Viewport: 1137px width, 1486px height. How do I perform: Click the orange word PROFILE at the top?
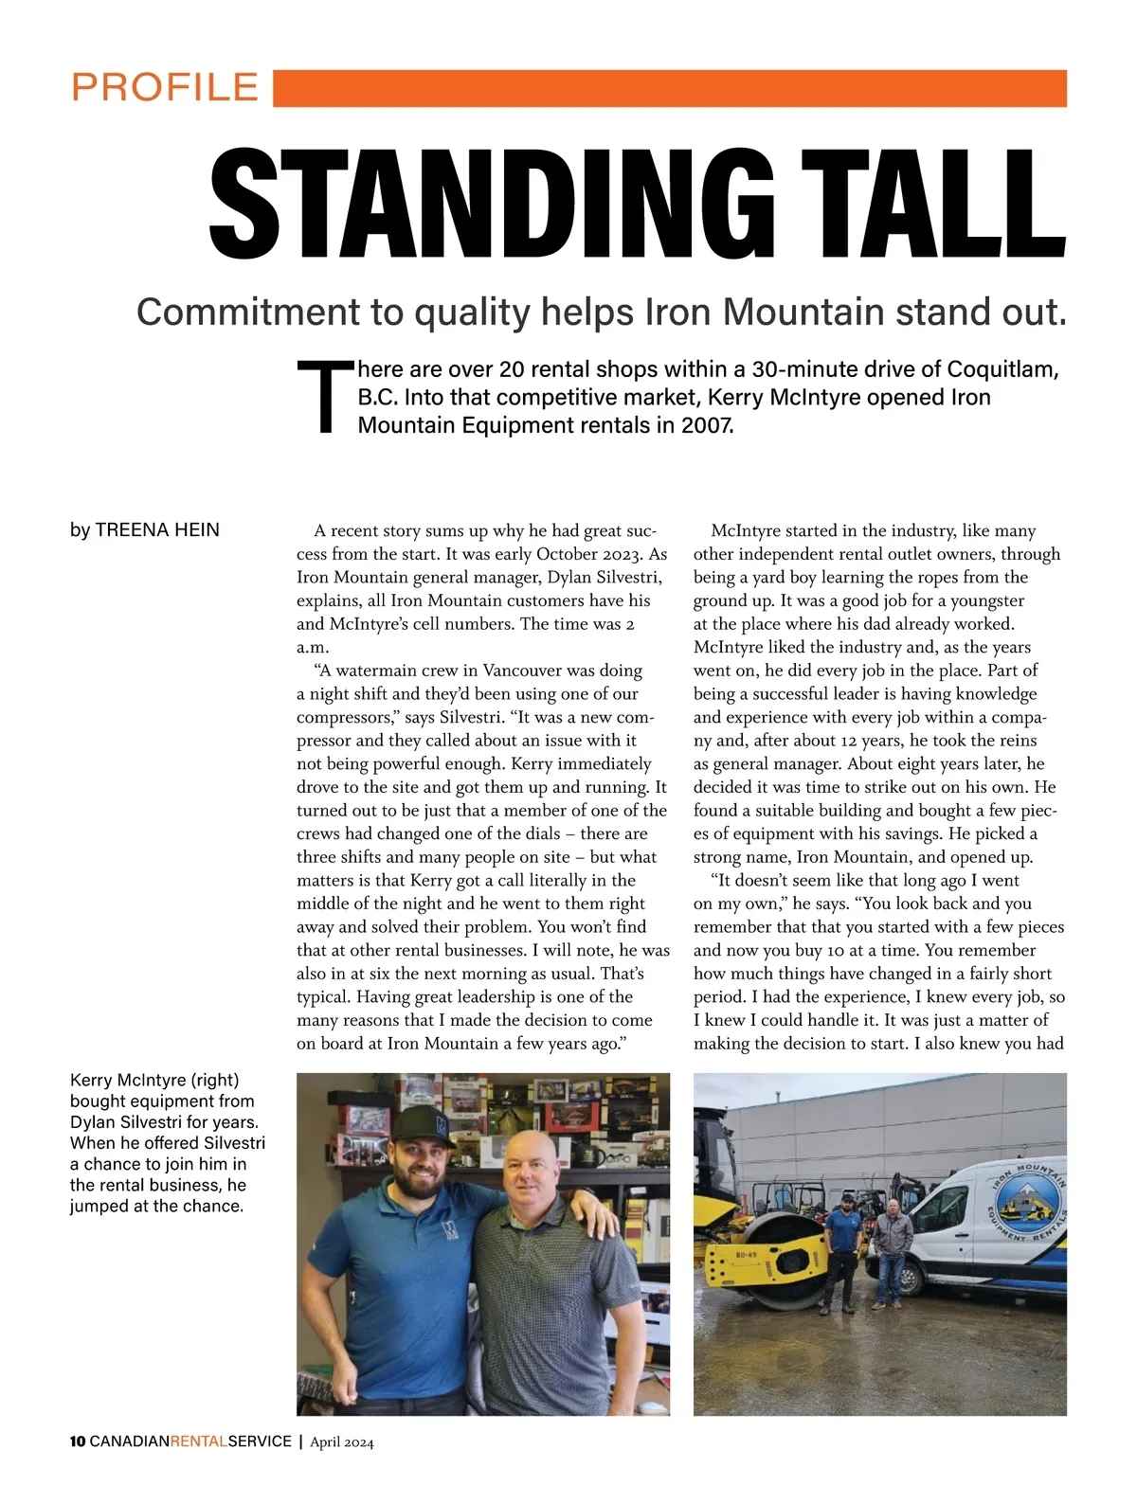[x=165, y=87]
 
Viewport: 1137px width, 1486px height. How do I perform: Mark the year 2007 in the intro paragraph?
[x=706, y=425]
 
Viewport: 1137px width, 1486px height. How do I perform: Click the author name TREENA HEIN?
[x=157, y=530]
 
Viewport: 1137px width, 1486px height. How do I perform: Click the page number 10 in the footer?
[x=78, y=1442]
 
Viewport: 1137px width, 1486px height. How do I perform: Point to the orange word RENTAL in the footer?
[x=199, y=1442]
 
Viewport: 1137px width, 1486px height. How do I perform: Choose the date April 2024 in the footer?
[x=342, y=1442]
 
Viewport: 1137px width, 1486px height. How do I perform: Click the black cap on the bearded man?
[x=423, y=1124]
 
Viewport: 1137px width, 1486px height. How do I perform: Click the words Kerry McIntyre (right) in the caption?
[x=154, y=1080]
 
